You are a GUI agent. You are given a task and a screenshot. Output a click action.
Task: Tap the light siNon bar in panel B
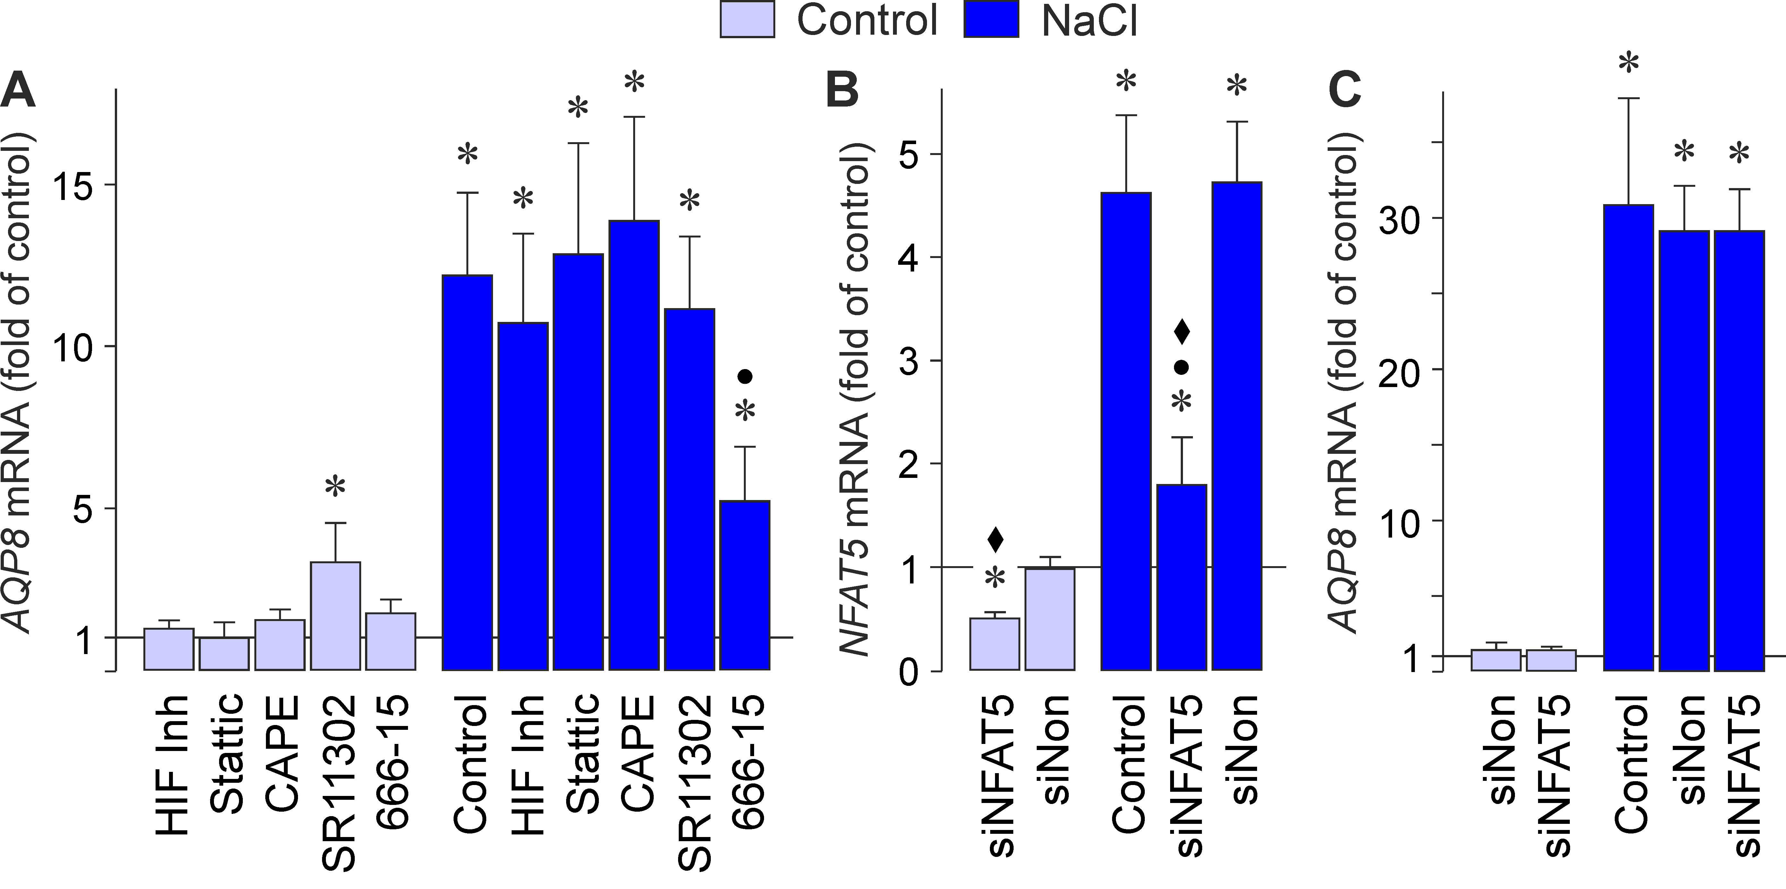[x=1050, y=618]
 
